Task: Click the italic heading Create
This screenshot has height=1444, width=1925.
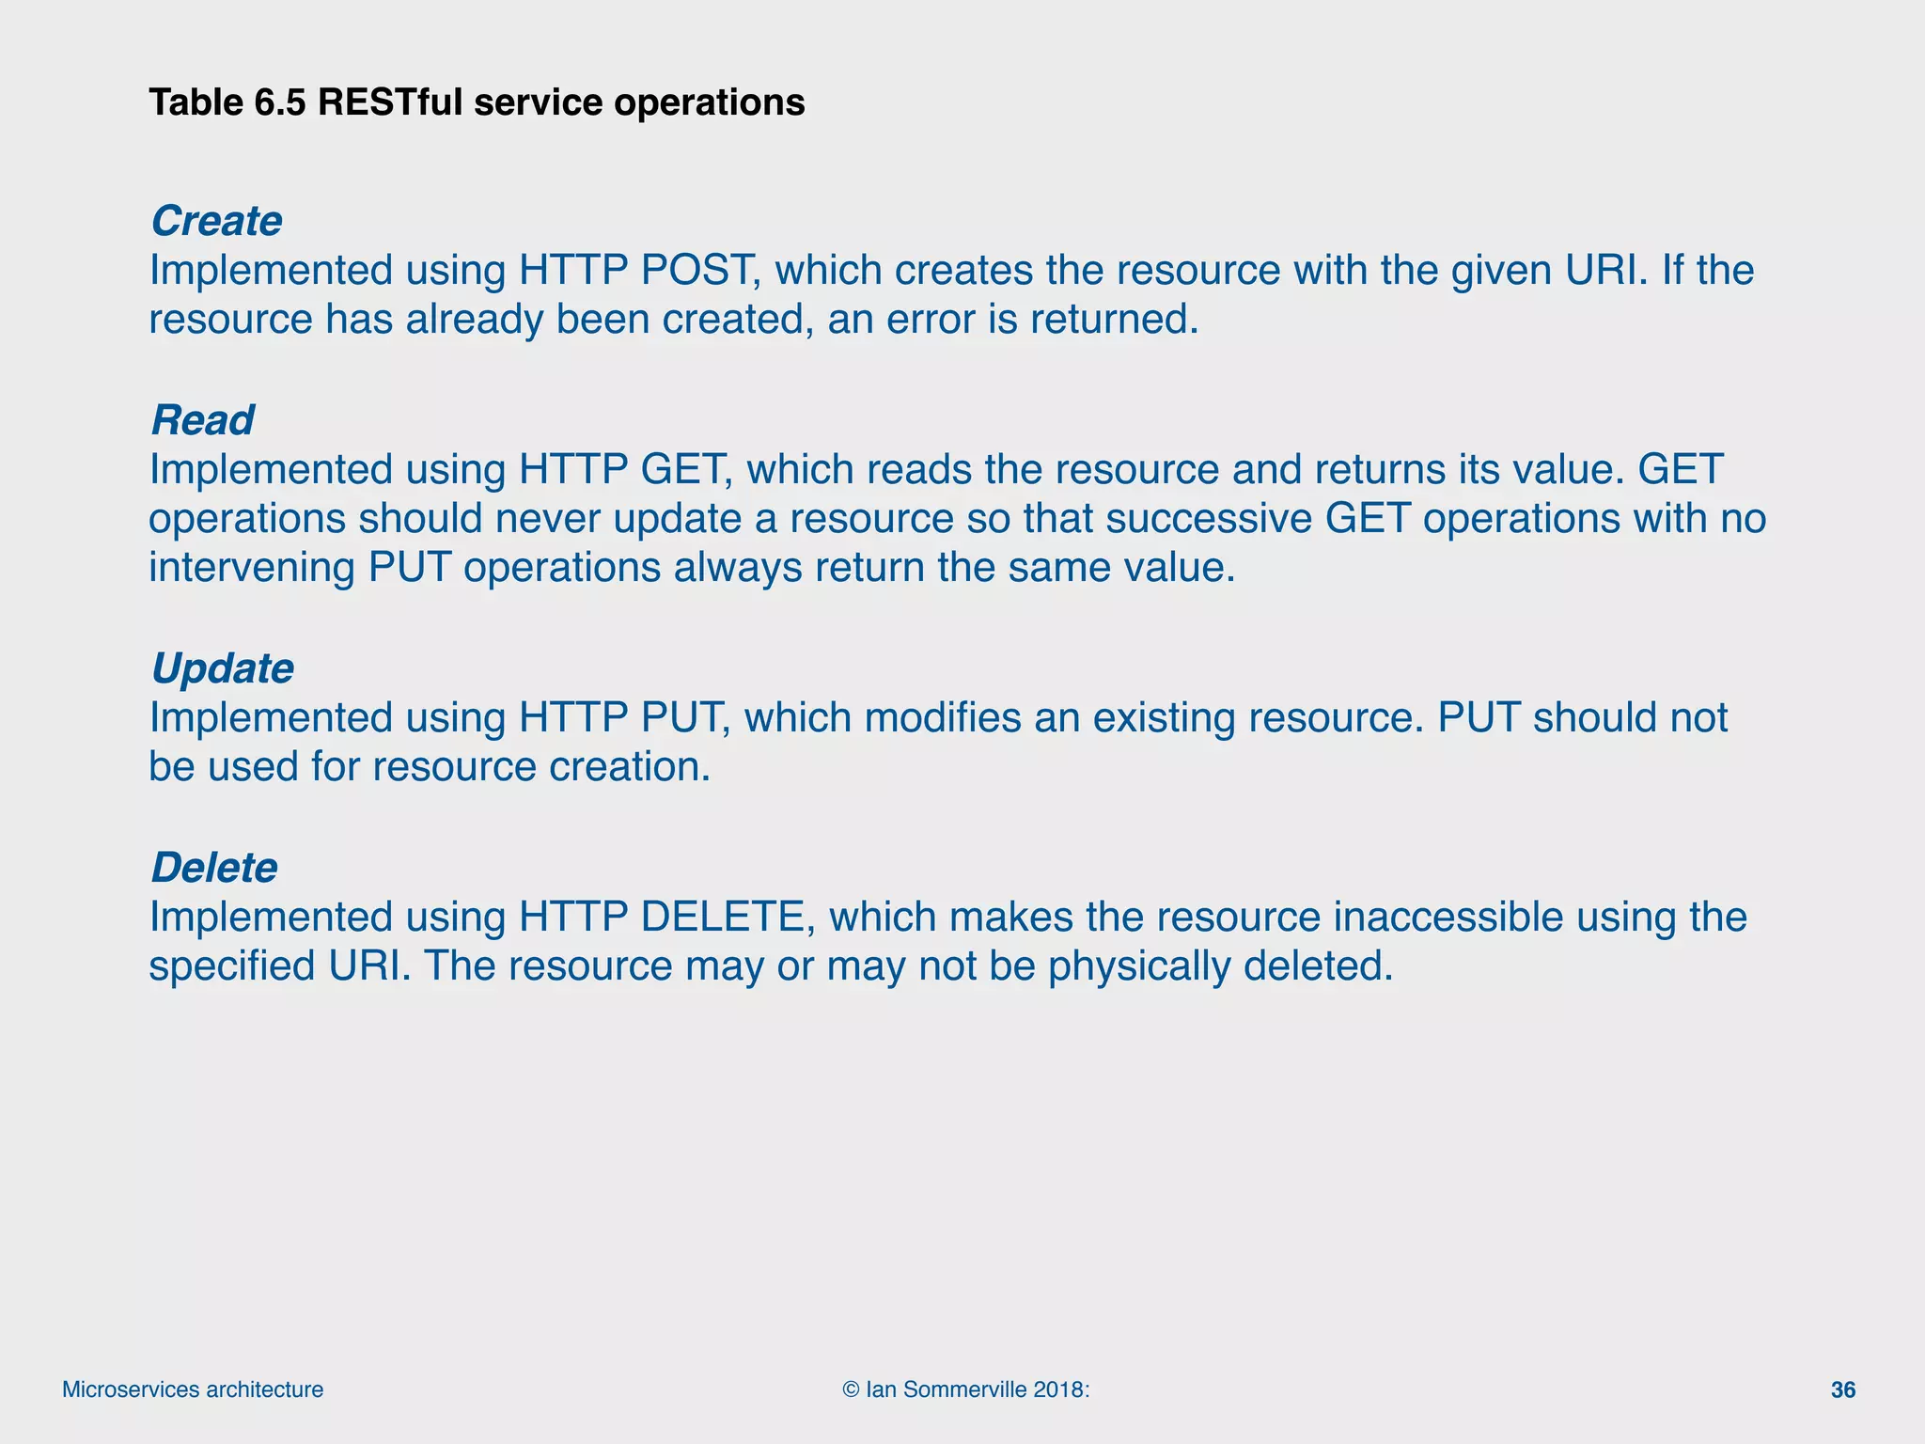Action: point(216,222)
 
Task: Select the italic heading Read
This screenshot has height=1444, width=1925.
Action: point(202,420)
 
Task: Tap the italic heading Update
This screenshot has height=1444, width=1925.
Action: point(222,669)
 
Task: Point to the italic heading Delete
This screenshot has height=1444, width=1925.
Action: point(214,868)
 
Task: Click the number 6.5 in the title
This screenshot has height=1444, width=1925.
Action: point(280,102)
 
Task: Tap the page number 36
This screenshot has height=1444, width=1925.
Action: point(1843,1390)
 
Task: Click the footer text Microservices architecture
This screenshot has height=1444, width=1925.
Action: point(193,1390)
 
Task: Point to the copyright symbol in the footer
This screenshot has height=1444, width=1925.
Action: point(851,1390)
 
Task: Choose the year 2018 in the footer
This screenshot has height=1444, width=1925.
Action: point(1057,1390)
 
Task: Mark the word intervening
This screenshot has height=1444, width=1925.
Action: point(251,568)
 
